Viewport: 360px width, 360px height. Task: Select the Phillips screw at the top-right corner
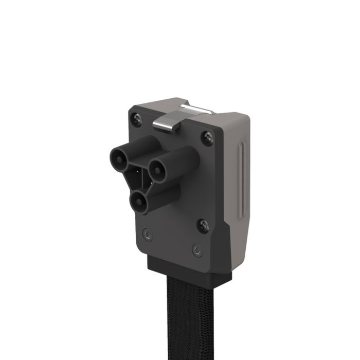(207, 138)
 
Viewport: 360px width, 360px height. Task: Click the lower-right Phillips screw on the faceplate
(203, 225)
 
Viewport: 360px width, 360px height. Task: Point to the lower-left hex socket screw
(148, 234)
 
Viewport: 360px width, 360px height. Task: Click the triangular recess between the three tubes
(136, 177)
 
